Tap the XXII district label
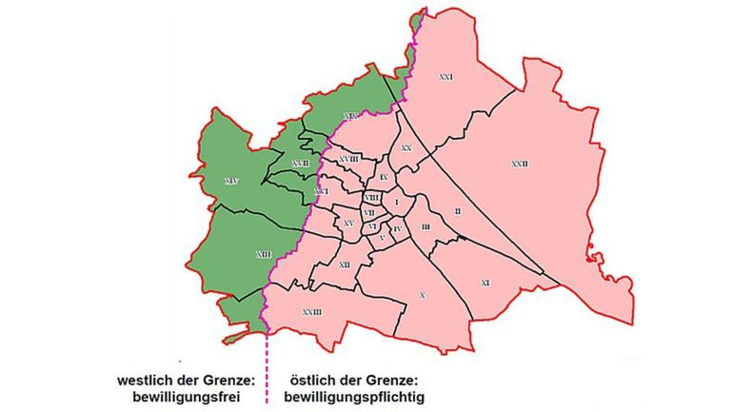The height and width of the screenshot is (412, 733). (519, 164)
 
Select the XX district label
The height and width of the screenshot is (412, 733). (406, 148)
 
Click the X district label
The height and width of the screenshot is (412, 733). (422, 297)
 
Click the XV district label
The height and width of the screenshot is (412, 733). (348, 223)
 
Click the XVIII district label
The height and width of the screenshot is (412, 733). (348, 159)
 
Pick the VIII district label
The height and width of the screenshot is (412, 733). (371, 197)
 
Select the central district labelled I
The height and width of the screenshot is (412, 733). (396, 201)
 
